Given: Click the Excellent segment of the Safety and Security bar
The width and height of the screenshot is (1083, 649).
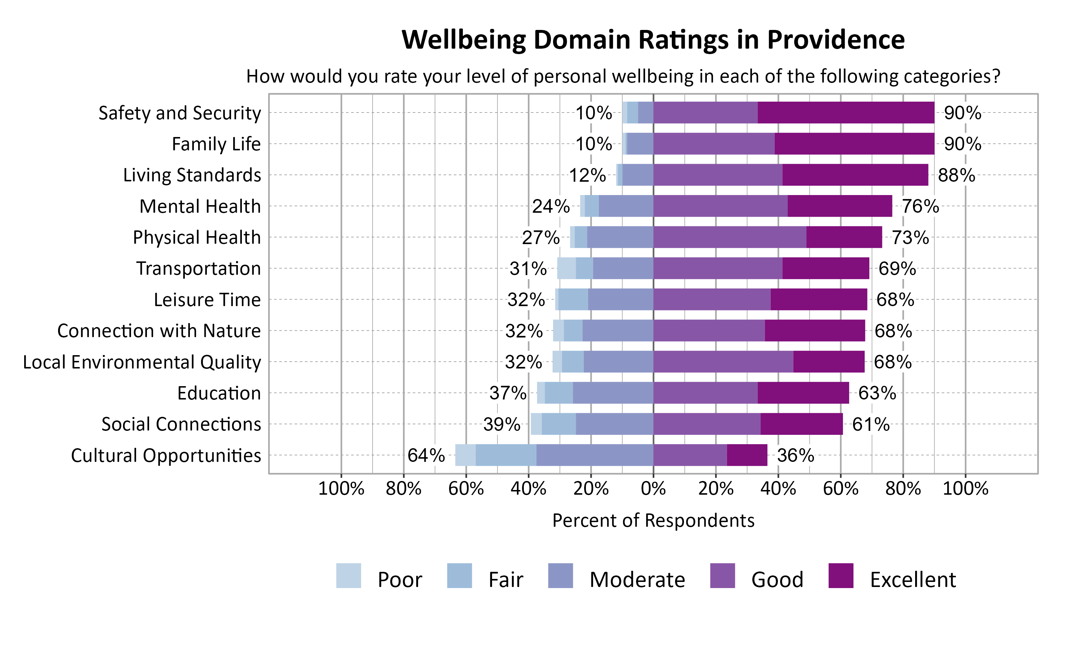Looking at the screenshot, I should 845,112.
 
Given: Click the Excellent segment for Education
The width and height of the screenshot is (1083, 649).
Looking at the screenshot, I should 803,393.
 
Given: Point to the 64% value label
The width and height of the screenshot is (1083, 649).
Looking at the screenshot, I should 426,455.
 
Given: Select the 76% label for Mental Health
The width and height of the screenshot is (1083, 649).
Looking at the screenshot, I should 920,206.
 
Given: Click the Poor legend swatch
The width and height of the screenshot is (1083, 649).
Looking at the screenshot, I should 348,575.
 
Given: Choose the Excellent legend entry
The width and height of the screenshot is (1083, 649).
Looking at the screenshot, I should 912,579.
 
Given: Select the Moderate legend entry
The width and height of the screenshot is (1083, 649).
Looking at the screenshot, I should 636,579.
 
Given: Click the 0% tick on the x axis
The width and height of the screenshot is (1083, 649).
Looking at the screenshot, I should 653,488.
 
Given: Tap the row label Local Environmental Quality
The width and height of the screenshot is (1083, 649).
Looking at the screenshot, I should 142,362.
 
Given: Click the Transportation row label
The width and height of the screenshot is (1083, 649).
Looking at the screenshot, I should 198,268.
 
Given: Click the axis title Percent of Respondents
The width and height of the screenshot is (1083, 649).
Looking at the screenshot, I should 653,520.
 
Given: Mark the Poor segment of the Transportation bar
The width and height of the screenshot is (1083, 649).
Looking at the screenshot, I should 566,268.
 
